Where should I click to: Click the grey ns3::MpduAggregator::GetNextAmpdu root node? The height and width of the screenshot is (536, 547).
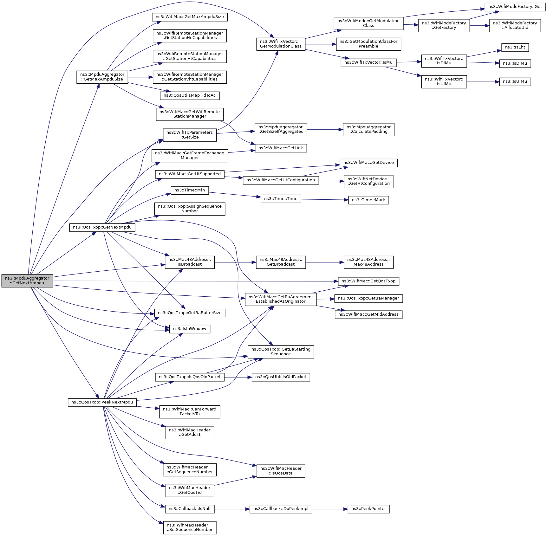pos(27,281)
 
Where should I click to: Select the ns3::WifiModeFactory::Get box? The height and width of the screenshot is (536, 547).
pos(515,7)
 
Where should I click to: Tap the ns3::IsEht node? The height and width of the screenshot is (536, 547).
pos(515,48)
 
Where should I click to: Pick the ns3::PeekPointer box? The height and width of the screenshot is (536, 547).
pos(368,509)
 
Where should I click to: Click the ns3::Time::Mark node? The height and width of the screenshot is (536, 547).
pos(368,200)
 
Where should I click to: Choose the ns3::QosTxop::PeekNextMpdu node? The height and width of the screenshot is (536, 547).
pos(102,402)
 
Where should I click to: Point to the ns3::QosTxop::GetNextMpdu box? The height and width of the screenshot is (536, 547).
pos(102,227)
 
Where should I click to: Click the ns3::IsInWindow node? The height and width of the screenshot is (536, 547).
pos(190,329)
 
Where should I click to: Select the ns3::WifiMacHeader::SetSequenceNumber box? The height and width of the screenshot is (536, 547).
pos(190,527)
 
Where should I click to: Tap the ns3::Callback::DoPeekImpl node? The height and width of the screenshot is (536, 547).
pos(281,509)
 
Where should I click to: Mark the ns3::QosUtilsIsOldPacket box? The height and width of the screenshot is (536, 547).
pos(281,377)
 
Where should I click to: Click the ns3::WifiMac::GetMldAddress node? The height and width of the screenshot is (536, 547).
pos(368,314)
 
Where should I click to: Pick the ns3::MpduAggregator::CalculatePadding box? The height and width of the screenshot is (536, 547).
pos(368,129)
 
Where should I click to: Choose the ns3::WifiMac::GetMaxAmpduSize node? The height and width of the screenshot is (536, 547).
pos(190,17)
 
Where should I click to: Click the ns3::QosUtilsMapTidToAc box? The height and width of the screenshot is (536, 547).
pos(190,95)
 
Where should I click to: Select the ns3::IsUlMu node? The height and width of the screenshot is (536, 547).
pos(515,82)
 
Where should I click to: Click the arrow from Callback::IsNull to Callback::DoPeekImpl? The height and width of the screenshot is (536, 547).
pos(232,509)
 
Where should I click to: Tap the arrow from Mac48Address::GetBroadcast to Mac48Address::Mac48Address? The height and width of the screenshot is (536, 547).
pos(325,262)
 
